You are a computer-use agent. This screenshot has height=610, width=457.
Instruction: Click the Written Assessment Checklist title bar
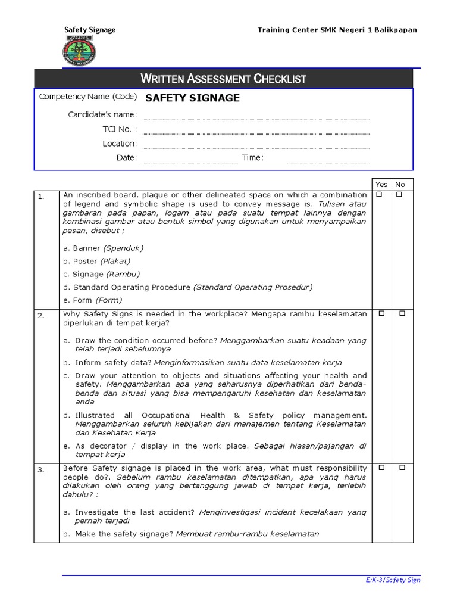(223, 79)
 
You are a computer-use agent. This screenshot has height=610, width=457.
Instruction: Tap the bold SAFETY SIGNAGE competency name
(193, 98)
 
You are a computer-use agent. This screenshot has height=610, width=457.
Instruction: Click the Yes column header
(382, 185)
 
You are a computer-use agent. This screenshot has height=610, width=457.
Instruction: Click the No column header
(400, 185)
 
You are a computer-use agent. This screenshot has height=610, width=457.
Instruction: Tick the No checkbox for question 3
(402, 468)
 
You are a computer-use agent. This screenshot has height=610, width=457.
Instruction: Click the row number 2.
(41, 316)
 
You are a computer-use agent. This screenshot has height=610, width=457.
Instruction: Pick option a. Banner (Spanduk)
(103, 248)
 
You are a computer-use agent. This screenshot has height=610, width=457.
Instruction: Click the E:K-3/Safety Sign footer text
(393, 580)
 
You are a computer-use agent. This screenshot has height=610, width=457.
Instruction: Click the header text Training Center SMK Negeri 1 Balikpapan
(337, 30)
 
